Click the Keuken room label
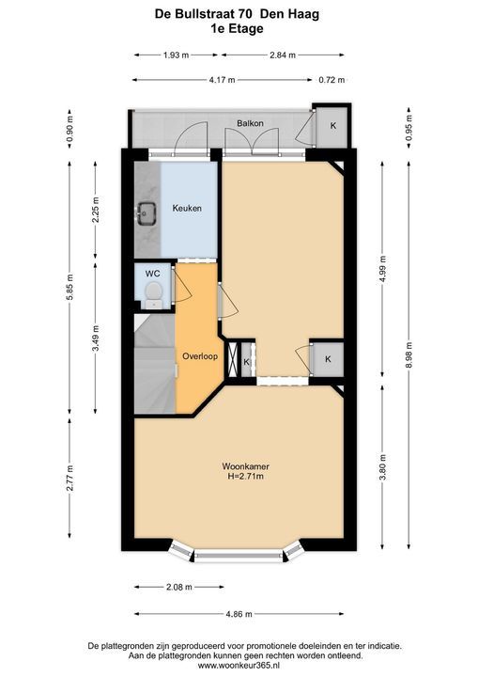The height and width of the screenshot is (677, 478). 187,208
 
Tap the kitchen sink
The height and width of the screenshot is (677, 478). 147,213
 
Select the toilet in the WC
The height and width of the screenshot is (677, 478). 153,294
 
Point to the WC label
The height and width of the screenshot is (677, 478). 153,274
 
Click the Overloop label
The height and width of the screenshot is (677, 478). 200,356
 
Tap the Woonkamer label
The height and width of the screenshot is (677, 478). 245,466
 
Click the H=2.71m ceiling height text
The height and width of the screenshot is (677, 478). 245,477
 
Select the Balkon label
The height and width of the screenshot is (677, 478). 250,123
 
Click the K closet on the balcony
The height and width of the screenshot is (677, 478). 333,126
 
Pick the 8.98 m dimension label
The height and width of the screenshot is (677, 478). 409,354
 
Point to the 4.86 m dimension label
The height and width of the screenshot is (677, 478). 239,614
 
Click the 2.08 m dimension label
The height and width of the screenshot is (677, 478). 178,587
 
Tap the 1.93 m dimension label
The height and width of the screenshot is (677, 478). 176,55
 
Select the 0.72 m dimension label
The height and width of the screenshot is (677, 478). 332,80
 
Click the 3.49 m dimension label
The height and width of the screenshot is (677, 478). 96,338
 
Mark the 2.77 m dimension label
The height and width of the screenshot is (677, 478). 69,480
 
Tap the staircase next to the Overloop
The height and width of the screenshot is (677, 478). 154,364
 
